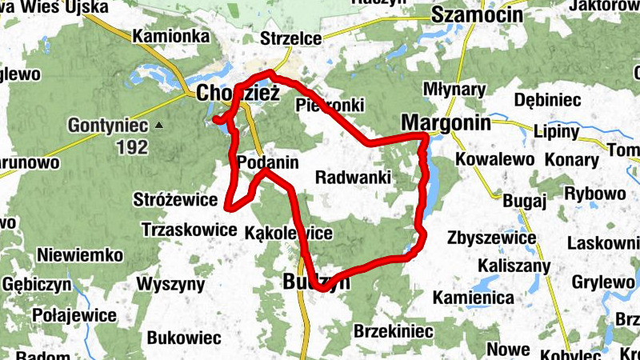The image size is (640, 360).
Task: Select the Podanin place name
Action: point(268,162)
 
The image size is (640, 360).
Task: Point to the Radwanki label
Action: point(353,177)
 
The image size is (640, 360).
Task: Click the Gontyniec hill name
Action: point(108,126)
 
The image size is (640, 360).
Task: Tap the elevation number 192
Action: point(132,146)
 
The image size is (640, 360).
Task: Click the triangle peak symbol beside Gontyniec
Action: point(159,126)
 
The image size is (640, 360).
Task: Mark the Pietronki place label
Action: point(330,105)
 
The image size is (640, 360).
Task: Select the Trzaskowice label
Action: point(182,229)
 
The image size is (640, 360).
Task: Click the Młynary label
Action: point(454,87)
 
